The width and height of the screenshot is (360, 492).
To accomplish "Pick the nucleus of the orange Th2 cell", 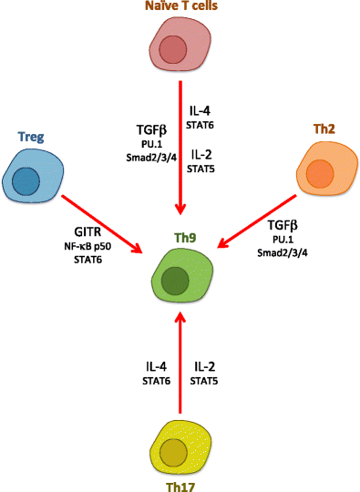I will coord(319,172).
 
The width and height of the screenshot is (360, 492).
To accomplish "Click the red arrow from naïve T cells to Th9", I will coord(179,155).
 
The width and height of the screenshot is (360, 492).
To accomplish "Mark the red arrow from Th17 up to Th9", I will coord(179,364).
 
